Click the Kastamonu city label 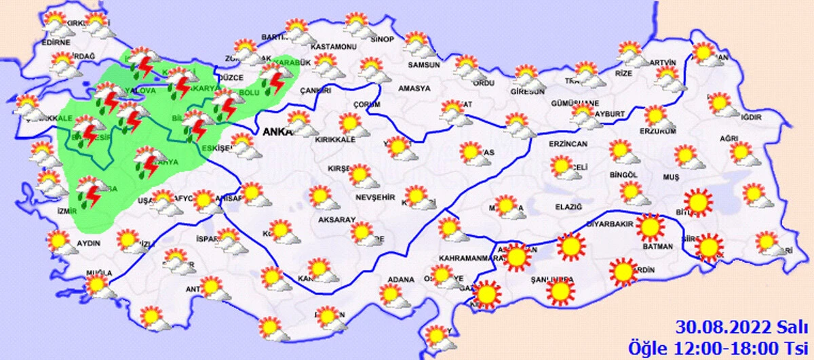pos(333,47)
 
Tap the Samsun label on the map pos(423,66)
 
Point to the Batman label pos(658,247)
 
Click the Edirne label pos(56,42)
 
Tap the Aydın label pos(89,243)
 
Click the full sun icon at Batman pos(650,228)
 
